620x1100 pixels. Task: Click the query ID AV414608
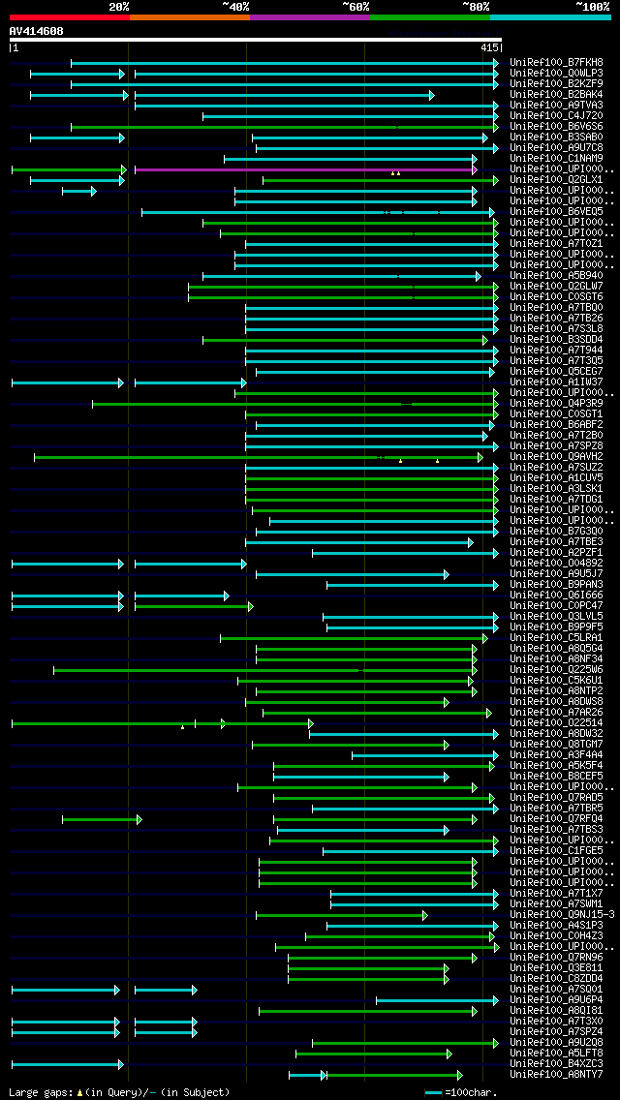(x=37, y=31)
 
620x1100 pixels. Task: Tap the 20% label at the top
(x=119, y=7)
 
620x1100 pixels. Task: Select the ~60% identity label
(x=356, y=7)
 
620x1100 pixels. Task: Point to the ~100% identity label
(x=593, y=7)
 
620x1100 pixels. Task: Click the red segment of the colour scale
(x=69, y=17)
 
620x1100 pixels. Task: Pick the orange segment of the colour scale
(x=189, y=17)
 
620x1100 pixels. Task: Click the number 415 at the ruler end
(x=488, y=46)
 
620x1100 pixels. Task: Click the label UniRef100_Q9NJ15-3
(x=562, y=914)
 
